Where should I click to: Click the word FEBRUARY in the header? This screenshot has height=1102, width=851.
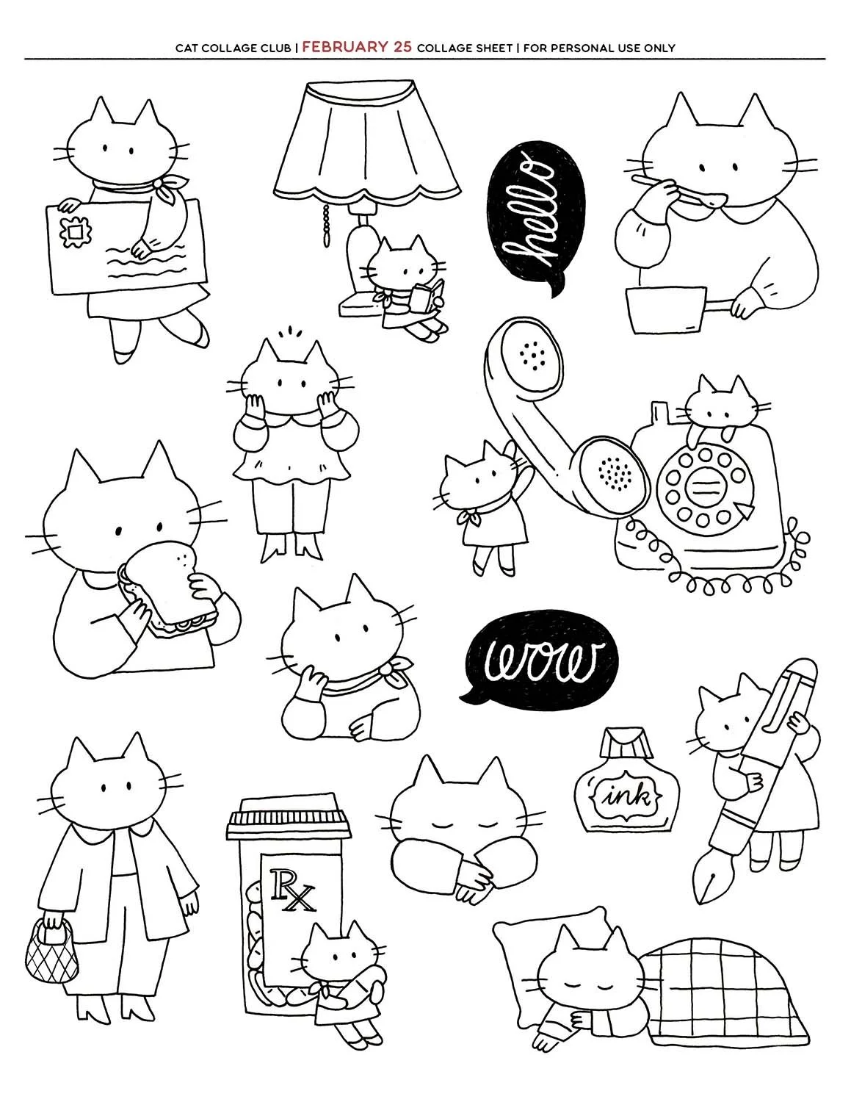pos(346,47)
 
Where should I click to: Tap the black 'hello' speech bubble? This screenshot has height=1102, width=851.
pos(535,215)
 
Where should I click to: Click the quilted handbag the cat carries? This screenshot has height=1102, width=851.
pos(51,951)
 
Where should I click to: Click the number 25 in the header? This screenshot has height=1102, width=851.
pos(402,47)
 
